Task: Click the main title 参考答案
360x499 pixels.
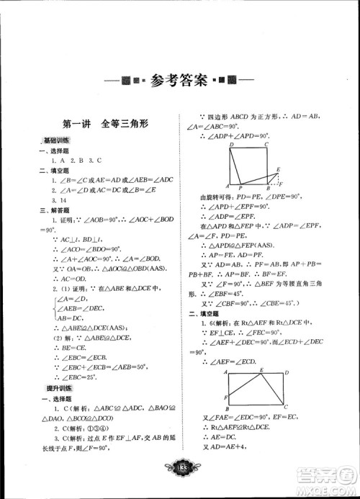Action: pos(180,81)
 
